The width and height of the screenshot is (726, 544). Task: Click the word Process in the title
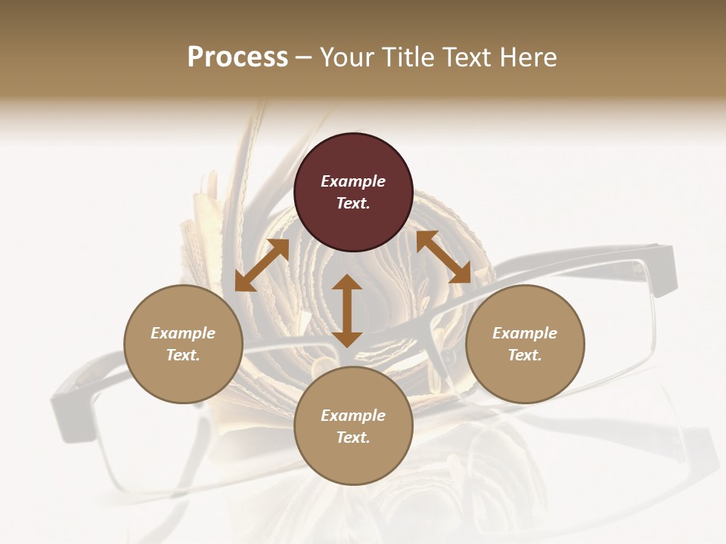[x=237, y=57]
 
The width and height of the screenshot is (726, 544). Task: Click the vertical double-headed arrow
[x=347, y=311]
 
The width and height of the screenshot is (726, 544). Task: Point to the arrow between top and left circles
[x=262, y=265]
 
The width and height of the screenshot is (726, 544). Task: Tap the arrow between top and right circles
[x=444, y=257]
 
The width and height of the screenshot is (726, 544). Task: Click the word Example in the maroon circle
[x=353, y=181]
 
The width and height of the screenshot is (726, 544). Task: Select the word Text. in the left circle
[x=183, y=355]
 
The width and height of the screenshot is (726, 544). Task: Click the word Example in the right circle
[x=525, y=333]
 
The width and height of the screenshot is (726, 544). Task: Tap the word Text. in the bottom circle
[x=353, y=437]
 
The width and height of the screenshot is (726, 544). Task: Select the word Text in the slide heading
[x=466, y=57]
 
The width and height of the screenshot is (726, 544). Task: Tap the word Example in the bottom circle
[x=353, y=416]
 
